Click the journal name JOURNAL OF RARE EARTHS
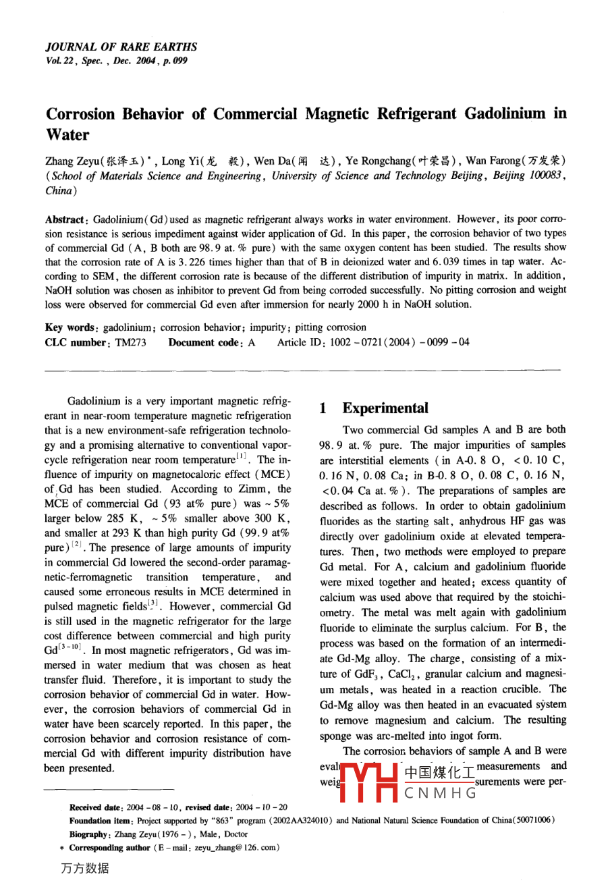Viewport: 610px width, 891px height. [121, 47]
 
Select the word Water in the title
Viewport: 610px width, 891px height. [67, 134]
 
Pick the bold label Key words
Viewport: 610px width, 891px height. [71, 327]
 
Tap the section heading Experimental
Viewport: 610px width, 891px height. [385, 408]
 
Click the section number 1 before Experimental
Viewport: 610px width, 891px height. [323, 408]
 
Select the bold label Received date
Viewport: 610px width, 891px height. [95, 807]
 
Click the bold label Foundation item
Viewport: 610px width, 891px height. [101, 821]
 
